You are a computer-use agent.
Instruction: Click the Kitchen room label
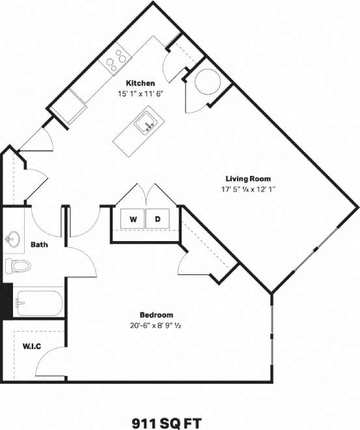tap(140, 83)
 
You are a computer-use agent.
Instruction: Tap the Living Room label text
tap(248, 179)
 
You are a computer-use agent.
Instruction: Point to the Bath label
tap(38, 245)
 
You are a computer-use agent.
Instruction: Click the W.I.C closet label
tap(32, 346)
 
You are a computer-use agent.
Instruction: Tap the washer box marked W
tap(133, 220)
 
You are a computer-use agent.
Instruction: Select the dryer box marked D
tap(158, 220)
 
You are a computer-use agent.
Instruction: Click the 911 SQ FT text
tap(180, 421)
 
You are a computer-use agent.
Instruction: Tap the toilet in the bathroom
tap(18, 266)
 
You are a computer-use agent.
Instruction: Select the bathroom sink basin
tap(11, 240)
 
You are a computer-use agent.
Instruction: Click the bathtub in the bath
tap(38, 302)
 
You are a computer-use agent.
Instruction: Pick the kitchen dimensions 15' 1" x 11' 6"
tap(140, 94)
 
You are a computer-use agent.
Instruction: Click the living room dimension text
tap(248, 190)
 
